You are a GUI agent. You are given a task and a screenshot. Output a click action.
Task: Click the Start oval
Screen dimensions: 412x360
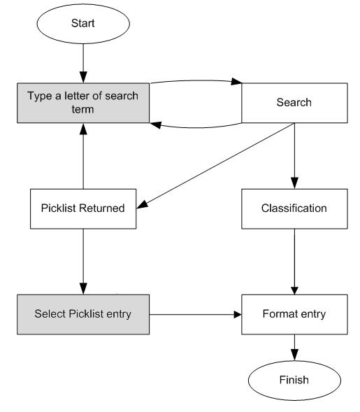click(x=83, y=24)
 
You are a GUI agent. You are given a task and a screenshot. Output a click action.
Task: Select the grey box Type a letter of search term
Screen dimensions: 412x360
click(x=83, y=103)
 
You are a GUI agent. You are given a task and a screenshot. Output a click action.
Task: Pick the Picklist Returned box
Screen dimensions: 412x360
click(x=83, y=208)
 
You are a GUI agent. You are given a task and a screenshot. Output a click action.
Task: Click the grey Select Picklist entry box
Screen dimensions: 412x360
click(x=83, y=313)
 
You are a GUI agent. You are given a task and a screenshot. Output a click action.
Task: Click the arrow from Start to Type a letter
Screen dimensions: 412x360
click(x=83, y=63)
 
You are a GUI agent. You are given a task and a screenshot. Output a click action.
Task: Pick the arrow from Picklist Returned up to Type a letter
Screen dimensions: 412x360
click(x=83, y=157)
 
